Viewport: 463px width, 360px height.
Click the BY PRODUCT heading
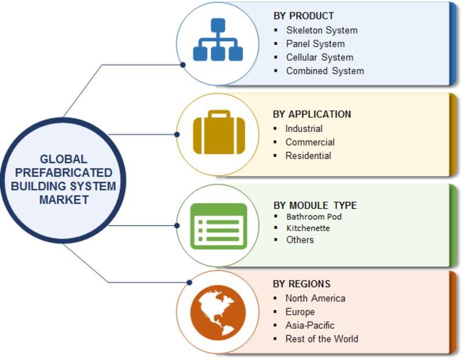[x=303, y=16]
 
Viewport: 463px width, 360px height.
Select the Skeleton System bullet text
[x=322, y=30]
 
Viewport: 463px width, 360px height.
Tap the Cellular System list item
[x=320, y=57]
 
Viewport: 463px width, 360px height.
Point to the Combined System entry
[x=325, y=71]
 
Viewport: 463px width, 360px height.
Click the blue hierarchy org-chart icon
[x=218, y=40]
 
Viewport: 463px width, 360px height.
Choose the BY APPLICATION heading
[x=312, y=114]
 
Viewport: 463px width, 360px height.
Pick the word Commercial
[x=310, y=142]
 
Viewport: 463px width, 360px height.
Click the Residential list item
[x=308, y=156]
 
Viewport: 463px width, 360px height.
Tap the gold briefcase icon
[x=219, y=132]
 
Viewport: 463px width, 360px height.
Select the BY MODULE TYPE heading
[x=315, y=205]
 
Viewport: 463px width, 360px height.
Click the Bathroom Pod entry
[x=314, y=217]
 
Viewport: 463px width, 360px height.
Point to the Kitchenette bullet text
[x=308, y=228]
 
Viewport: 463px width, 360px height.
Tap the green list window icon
[x=219, y=226]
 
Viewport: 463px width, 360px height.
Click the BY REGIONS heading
[x=302, y=284]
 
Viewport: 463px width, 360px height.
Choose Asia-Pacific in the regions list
[x=310, y=325]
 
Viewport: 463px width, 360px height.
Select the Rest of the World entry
[x=322, y=339]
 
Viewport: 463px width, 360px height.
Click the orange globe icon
[x=218, y=313]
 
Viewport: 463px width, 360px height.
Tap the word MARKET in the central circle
[x=64, y=200]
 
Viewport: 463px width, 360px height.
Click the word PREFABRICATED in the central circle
[x=64, y=172]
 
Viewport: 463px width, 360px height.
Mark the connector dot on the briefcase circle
[x=177, y=135]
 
